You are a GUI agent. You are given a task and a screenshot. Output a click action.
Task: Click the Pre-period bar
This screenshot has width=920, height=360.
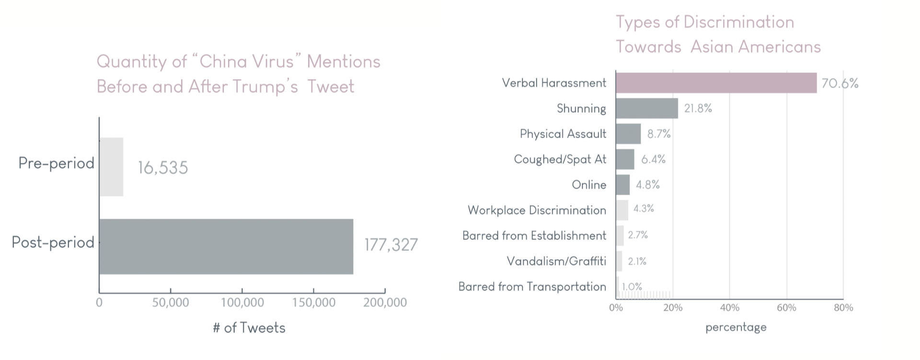click(111, 167)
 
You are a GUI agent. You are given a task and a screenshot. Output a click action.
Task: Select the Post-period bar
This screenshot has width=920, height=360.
click(226, 246)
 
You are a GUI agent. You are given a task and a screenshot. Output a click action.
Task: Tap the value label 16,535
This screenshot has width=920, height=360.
click(163, 168)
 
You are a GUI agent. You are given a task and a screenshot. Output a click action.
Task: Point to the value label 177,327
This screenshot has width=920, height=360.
click(391, 245)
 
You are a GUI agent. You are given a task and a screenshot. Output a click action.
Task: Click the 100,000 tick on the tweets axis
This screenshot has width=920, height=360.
click(242, 302)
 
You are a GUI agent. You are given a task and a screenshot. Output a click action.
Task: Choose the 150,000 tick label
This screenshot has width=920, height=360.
click(313, 302)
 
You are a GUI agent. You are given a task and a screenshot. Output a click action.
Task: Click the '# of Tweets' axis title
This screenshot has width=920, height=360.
click(249, 328)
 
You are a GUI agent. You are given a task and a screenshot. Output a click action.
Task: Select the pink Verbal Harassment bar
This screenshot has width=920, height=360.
click(716, 83)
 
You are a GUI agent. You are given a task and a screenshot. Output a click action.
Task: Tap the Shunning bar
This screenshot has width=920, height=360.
click(647, 108)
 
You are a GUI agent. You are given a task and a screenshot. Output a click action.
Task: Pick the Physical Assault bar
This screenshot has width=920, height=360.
click(628, 134)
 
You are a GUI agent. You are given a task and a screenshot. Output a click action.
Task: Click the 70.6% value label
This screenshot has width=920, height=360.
click(839, 83)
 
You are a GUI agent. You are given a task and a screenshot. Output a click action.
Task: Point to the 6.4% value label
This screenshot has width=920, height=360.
click(653, 159)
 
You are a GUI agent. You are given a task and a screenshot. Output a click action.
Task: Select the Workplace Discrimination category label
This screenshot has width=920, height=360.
click(537, 210)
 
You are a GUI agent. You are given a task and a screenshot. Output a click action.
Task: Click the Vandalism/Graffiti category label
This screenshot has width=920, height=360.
click(556, 261)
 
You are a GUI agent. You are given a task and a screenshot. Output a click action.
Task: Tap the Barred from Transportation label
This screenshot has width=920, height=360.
click(532, 287)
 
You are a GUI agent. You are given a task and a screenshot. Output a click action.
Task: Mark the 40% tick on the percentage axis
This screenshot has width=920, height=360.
click(729, 308)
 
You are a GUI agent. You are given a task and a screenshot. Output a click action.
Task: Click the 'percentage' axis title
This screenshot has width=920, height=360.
click(736, 327)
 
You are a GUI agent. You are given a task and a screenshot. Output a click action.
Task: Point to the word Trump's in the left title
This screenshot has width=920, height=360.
click(265, 87)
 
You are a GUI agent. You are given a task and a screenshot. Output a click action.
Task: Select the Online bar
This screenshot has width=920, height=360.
click(622, 185)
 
